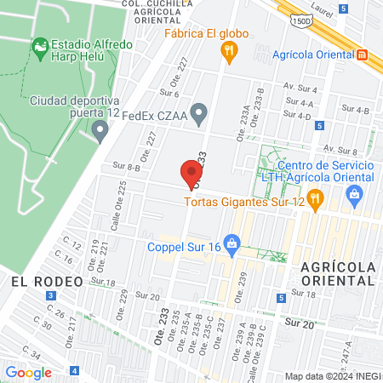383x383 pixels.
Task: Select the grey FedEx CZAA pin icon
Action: (199, 111)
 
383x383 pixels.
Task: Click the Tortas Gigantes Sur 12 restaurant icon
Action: (315, 199)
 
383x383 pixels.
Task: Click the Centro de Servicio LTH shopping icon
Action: (354, 196)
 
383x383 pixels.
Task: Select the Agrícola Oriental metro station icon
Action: (363, 54)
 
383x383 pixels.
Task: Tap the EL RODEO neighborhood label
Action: (46, 280)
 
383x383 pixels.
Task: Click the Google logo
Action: (28, 372)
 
